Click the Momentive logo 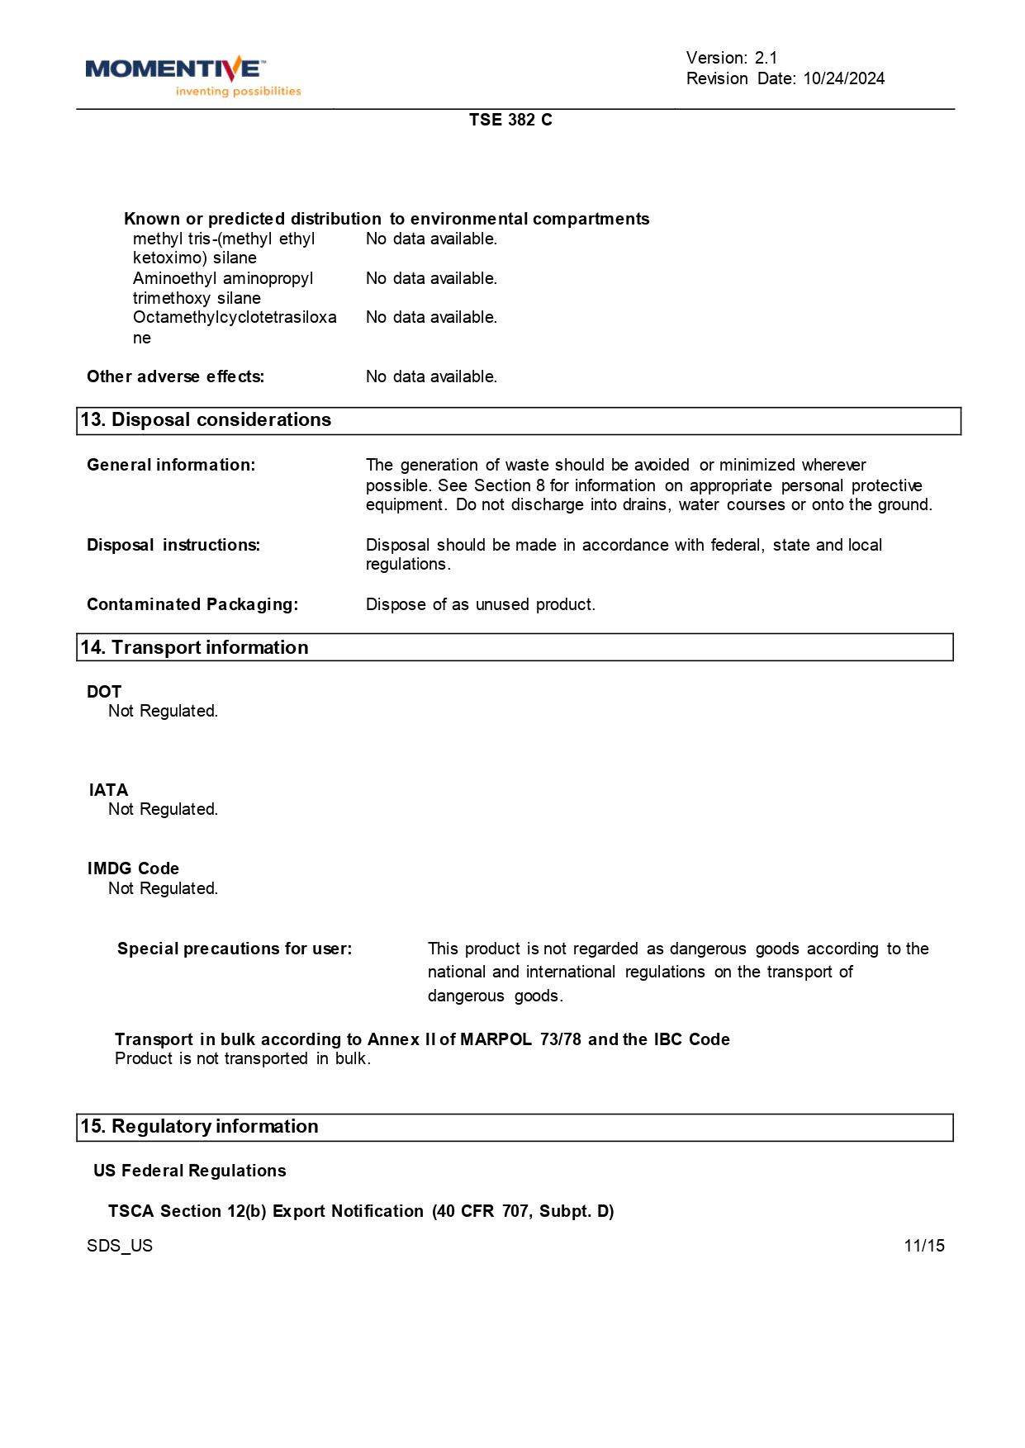coord(192,75)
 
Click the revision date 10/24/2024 coord(843,78)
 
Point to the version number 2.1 coord(766,58)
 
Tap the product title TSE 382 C coord(510,120)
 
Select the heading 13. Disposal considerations coord(206,420)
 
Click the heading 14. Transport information coord(194,648)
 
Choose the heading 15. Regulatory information coord(199,1127)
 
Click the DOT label coord(104,692)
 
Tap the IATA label coord(108,790)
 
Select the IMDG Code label coord(133,868)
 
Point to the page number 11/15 coord(923,1246)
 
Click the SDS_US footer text coord(120,1246)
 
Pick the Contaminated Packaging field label coord(192,604)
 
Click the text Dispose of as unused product coord(480,604)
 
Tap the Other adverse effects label coord(175,376)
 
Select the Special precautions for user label coord(235,949)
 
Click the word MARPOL coord(496,1039)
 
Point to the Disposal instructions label coord(173,545)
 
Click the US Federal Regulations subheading coord(190,1171)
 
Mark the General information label coord(171,465)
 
